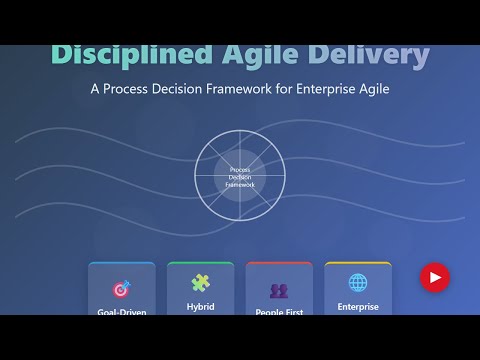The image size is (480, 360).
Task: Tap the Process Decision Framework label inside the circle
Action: pos(240,178)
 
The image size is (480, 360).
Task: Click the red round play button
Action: pos(434,277)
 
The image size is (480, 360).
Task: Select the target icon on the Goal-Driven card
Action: pos(122,289)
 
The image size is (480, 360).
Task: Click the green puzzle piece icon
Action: pos(200,283)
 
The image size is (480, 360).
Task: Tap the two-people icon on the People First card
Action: pos(279,290)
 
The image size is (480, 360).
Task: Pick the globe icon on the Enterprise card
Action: pos(357,283)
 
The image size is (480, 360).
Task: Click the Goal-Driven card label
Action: pos(122,311)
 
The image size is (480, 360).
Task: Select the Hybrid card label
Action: pos(200,307)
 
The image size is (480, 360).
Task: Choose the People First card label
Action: pos(279,311)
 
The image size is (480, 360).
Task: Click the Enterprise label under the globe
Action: pos(358,307)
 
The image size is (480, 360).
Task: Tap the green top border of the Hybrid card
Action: pos(200,263)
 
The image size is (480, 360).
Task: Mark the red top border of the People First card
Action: pos(279,263)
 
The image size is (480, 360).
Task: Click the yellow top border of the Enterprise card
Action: pos(358,263)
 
